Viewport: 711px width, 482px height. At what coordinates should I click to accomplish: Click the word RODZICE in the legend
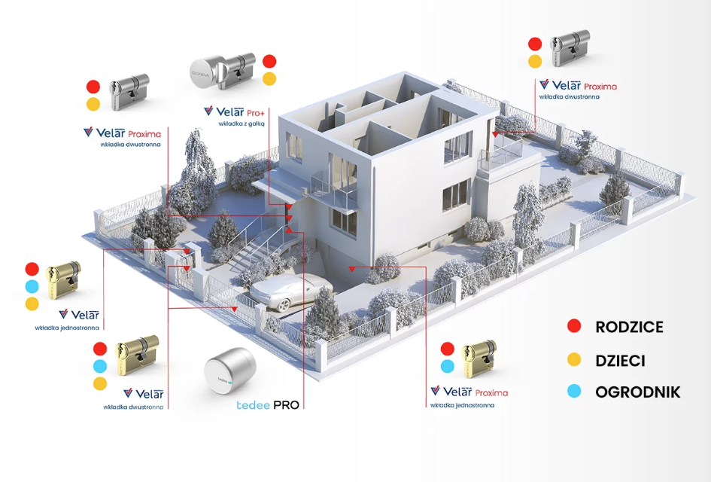(x=629, y=327)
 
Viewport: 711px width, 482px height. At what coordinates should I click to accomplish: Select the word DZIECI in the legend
(x=620, y=361)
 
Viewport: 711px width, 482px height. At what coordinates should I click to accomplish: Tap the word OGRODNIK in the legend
(x=637, y=392)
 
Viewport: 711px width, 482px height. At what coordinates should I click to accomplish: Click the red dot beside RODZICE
(x=575, y=326)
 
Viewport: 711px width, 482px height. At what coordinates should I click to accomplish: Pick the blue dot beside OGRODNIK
(x=575, y=392)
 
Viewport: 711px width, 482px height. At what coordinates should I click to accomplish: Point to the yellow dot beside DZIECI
(x=575, y=361)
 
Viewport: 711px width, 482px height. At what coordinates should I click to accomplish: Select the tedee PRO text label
(x=269, y=405)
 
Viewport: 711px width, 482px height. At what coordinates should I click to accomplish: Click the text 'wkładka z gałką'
(x=239, y=123)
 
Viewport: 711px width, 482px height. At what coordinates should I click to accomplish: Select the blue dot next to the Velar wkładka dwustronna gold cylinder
(x=100, y=367)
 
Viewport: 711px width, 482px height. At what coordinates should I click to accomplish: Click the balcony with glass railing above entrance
(x=331, y=194)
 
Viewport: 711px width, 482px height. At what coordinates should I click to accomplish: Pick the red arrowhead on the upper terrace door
(x=496, y=133)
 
